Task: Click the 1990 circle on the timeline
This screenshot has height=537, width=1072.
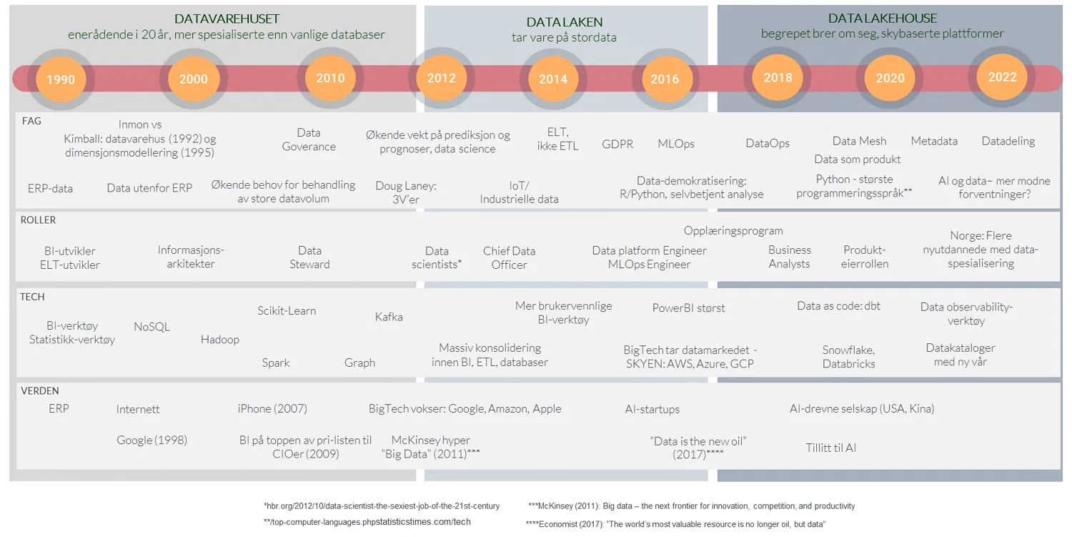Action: coord(61,79)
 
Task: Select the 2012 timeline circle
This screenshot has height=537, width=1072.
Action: coord(441,78)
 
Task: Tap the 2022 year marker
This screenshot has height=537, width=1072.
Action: coord(1002,77)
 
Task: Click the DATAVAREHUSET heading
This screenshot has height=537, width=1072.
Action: coord(227,19)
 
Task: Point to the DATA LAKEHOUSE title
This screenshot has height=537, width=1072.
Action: coord(882,19)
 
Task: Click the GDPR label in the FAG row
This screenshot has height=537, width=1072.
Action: coord(617,144)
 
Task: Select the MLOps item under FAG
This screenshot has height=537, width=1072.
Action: coord(675,144)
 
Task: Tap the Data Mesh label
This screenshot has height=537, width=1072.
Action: coord(859,141)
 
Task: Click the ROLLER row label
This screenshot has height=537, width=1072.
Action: coord(38,220)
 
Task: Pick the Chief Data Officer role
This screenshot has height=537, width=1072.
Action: coord(509,257)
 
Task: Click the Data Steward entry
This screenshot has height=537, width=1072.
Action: coord(309,257)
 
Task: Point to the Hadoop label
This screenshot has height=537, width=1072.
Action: coord(219,340)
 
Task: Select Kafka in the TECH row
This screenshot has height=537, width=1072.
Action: coord(389,317)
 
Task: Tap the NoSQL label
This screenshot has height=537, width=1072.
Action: coord(152,327)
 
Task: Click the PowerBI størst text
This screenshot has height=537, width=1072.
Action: coord(688,308)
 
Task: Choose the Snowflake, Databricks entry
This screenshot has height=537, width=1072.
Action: coord(848,356)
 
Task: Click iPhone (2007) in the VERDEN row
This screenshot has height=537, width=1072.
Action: coord(272,409)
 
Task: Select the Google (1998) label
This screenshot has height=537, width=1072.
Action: coord(152,440)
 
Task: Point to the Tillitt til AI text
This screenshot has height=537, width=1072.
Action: coord(830,448)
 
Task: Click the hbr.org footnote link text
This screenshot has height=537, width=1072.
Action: coord(382,506)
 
